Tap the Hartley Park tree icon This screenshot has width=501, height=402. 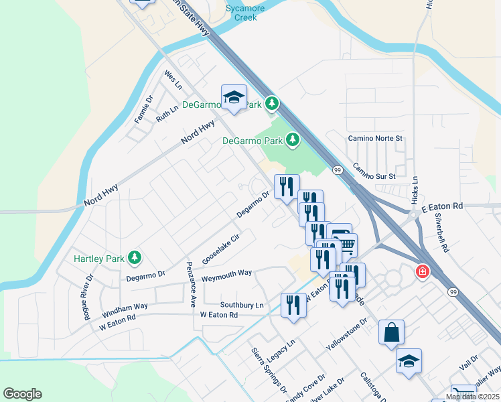point(135,257)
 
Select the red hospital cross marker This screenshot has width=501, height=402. point(423,272)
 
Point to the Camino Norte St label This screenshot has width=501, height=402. point(376,138)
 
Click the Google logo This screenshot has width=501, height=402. point(23,394)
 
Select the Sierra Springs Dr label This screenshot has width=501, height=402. point(269,370)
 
